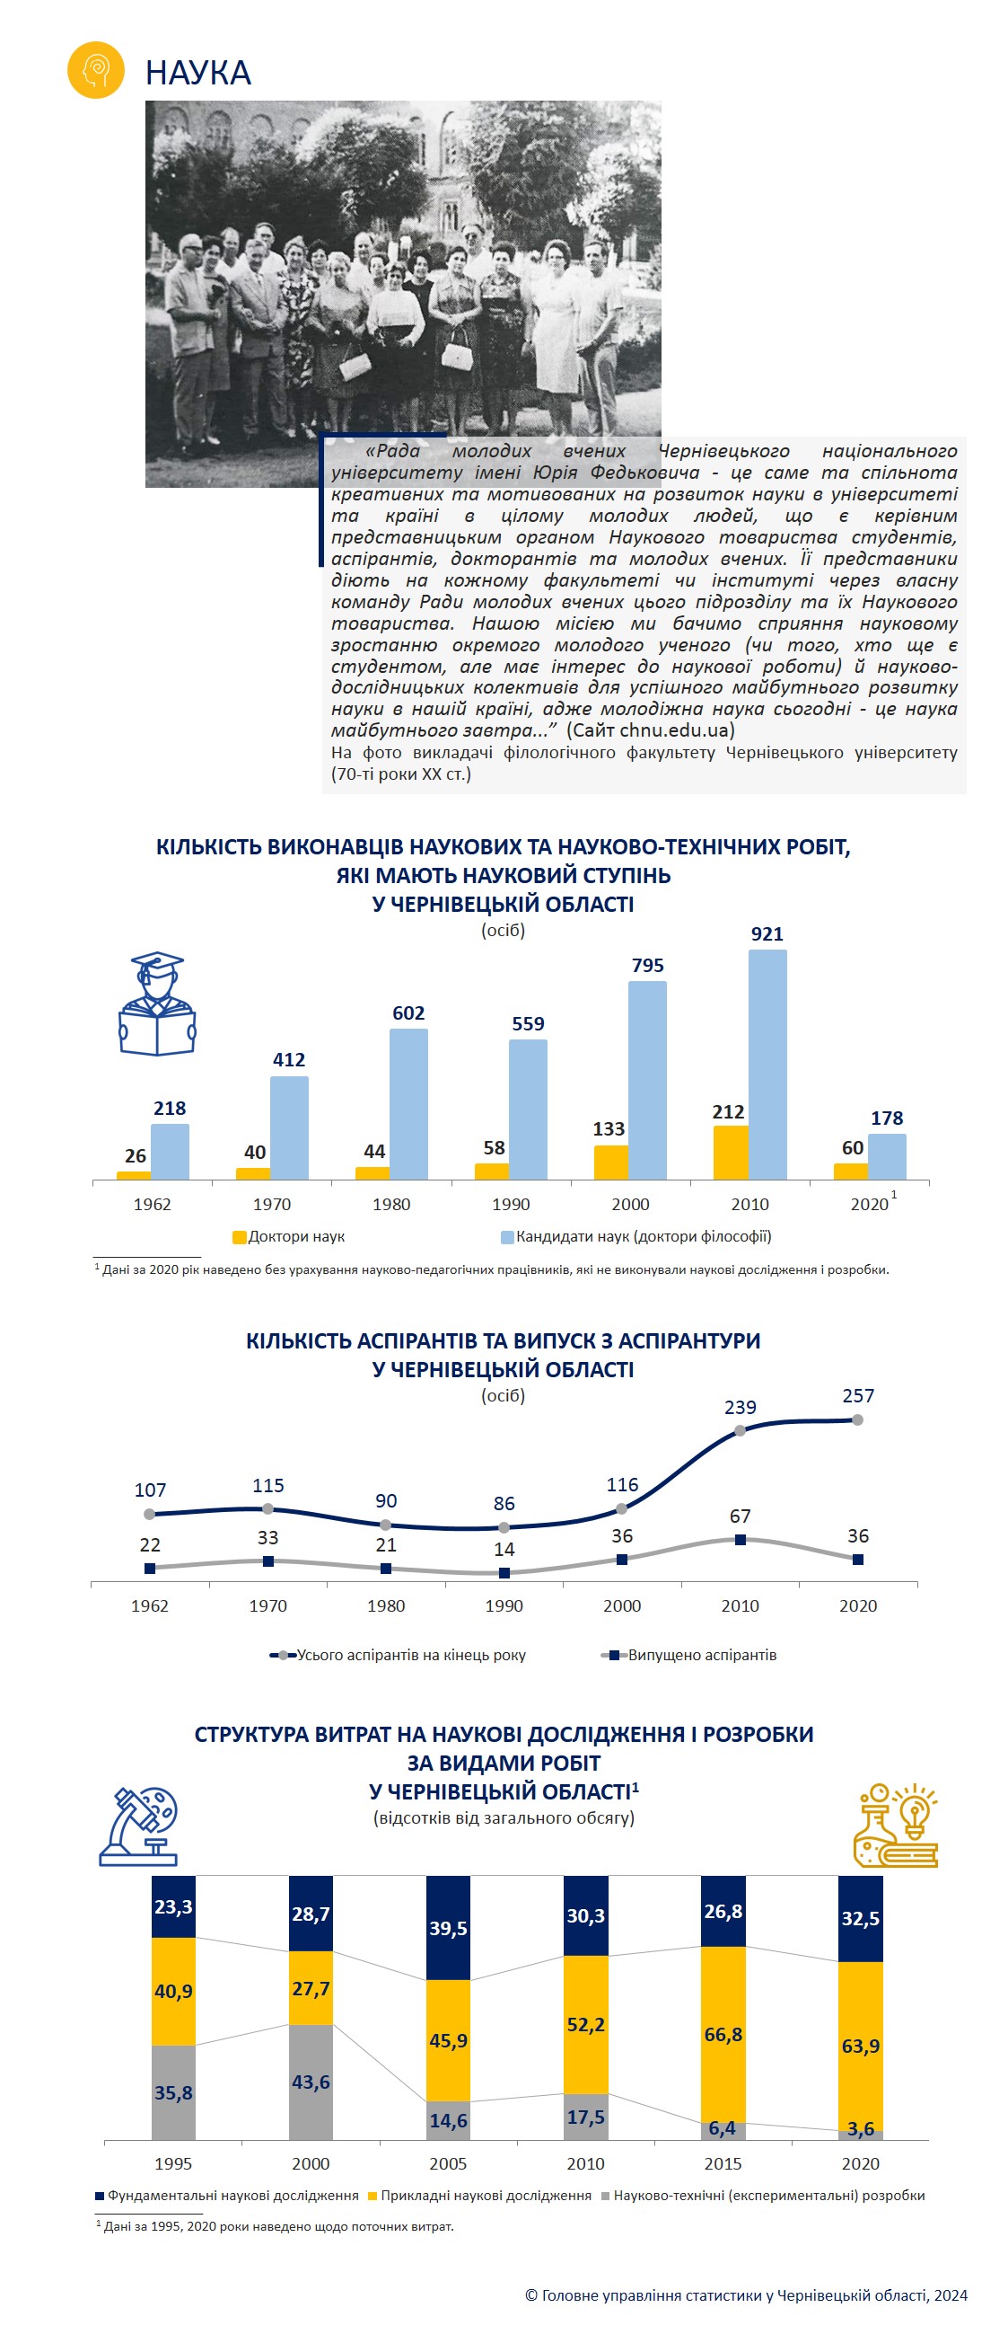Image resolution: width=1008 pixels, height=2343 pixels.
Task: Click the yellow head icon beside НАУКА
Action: click(x=95, y=70)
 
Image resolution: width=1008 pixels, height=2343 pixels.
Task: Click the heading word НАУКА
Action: click(x=198, y=73)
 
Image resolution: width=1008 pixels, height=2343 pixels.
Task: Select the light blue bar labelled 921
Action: click(x=767, y=1065)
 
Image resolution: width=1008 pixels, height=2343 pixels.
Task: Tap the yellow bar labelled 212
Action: click(x=731, y=1153)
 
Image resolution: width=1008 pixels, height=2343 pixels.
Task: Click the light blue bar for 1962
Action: click(x=170, y=1152)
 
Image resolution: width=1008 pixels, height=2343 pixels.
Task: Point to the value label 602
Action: click(x=409, y=1012)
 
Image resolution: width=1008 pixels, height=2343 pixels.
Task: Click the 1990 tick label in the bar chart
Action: click(x=511, y=1204)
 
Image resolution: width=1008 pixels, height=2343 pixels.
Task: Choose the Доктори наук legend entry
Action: click(x=289, y=1237)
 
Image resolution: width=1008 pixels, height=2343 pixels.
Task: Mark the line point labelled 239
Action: click(x=740, y=1431)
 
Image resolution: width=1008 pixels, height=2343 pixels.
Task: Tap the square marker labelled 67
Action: click(x=740, y=1540)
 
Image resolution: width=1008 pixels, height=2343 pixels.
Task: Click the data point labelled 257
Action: click(x=857, y=1419)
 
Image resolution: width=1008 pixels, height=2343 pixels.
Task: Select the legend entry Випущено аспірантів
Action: click(x=689, y=1655)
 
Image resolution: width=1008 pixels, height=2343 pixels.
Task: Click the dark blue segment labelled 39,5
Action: click(x=448, y=1927)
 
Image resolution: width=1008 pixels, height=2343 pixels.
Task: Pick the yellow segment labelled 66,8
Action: click(x=723, y=2035)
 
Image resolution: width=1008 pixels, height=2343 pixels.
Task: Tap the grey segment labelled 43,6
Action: click(x=311, y=2082)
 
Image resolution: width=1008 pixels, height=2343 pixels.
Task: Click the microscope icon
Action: click(x=139, y=1826)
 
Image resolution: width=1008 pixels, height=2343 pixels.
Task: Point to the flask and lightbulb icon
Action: click(x=895, y=1825)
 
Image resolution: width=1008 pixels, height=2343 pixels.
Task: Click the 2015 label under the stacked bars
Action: click(x=723, y=2164)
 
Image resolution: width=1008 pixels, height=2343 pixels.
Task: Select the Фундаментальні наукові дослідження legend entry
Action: click(x=227, y=2196)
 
